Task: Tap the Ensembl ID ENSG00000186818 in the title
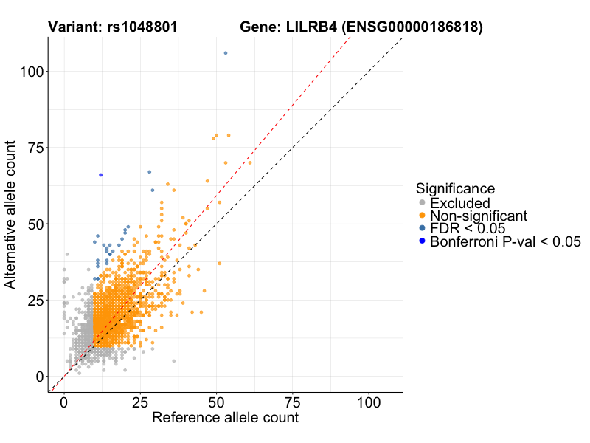(x=411, y=28)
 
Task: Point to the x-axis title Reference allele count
(x=225, y=418)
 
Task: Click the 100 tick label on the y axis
(x=29, y=72)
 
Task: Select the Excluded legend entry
(x=459, y=203)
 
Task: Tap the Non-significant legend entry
(x=479, y=216)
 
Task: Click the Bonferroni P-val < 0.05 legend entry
(x=505, y=241)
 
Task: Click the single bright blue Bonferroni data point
(x=100, y=175)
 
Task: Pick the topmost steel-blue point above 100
(x=226, y=53)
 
